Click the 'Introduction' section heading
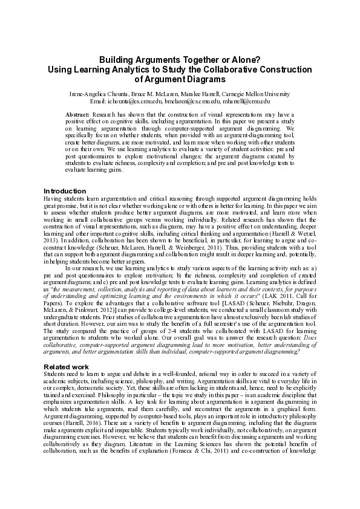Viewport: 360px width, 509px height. point(65,191)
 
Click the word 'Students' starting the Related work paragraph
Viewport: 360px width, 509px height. point(55,375)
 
